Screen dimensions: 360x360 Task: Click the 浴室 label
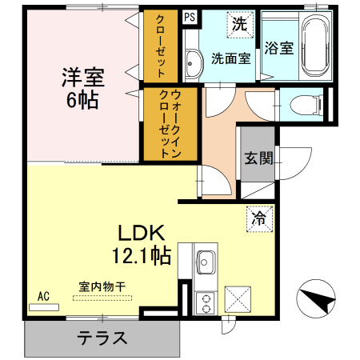coord(279,48)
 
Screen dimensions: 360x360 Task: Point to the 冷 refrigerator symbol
coord(259,217)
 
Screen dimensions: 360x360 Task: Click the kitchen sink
coord(206,262)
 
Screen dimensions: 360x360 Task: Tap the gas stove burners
coord(206,303)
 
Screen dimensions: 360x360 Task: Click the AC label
coord(43,296)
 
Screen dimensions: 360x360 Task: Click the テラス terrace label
coord(102,338)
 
